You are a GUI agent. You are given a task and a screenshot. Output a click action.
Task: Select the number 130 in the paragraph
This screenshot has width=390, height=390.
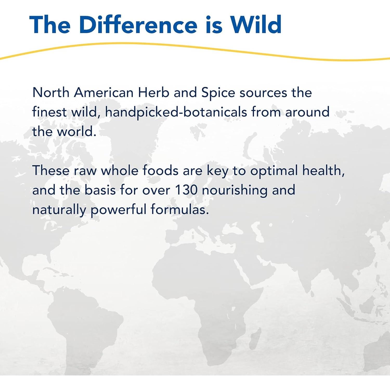pyautogui.click(x=186, y=190)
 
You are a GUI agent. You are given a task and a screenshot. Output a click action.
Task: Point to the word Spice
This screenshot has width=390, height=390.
pyautogui.click(x=218, y=93)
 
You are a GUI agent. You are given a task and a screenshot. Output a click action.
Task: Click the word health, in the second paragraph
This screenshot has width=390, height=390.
pyautogui.click(x=323, y=171)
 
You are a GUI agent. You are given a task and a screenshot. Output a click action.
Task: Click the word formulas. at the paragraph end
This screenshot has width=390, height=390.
pyautogui.click(x=180, y=210)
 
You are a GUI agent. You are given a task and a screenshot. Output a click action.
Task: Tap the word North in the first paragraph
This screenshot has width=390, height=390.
pyautogui.click(x=51, y=92)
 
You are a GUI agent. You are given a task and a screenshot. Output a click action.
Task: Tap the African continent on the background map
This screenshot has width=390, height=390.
pyautogui.click(x=208, y=299)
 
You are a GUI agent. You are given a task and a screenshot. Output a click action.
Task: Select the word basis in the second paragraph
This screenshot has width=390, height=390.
pyautogui.click(x=100, y=190)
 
